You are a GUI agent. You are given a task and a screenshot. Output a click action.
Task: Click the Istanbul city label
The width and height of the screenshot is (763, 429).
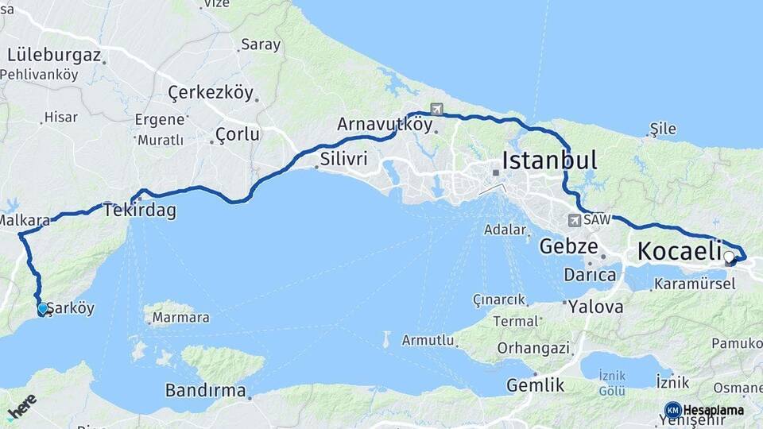(549, 160)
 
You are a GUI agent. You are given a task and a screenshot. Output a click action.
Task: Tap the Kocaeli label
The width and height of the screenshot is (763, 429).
(679, 252)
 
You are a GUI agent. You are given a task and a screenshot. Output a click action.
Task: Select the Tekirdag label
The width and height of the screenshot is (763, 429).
(139, 211)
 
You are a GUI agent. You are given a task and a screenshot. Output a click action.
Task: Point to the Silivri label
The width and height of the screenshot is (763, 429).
(343, 159)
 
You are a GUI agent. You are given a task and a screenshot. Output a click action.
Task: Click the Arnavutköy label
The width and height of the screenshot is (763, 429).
(379, 125)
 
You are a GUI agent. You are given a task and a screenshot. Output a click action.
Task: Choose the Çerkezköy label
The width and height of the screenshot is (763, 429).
(211, 93)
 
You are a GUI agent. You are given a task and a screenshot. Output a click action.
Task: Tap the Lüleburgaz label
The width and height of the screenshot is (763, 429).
(54, 56)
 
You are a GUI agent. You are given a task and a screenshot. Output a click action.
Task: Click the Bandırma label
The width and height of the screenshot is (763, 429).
(204, 390)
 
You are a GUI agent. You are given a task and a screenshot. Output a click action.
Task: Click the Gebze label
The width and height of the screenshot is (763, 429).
(568, 246)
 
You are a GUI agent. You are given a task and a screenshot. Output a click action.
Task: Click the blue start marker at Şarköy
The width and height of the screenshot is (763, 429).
(43, 309)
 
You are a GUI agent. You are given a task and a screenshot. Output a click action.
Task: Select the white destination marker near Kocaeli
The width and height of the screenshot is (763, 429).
(729, 257)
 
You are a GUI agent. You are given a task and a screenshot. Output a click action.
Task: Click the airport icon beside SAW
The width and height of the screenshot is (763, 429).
(574, 219)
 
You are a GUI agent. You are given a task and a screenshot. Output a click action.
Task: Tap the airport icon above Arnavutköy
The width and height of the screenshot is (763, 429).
(436, 109)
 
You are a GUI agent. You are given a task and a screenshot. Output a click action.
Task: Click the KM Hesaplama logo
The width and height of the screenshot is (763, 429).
(703, 410)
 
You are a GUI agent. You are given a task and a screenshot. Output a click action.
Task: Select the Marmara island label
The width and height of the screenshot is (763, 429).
(180, 318)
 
